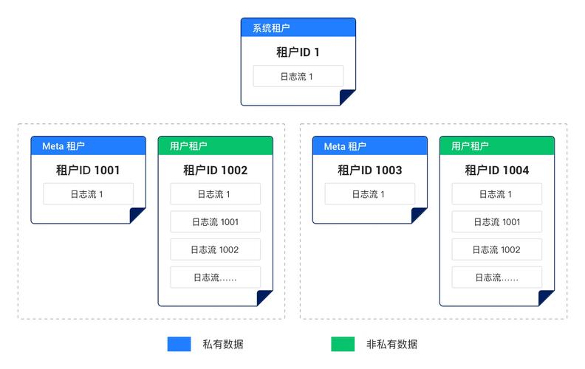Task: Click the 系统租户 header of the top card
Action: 298,28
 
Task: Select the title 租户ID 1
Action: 298,52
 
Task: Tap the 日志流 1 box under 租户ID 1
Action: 298,76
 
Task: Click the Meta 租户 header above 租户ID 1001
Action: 88,146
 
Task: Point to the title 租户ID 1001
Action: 88,170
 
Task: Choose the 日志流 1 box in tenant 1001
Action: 88,194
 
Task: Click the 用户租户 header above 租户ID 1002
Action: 215,146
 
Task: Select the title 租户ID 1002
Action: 215,170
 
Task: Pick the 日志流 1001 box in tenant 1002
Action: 215,221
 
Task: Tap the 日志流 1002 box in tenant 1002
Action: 215,249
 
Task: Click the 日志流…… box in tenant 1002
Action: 215,277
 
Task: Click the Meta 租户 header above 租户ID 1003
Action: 369,146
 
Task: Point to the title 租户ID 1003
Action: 369,170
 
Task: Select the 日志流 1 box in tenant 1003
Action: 369,194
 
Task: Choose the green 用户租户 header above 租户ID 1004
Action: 496,146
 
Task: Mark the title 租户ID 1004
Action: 496,170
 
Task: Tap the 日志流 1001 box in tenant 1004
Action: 496,221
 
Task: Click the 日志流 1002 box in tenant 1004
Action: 496,249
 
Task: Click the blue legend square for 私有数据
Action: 179,344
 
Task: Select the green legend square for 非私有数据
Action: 343,344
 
